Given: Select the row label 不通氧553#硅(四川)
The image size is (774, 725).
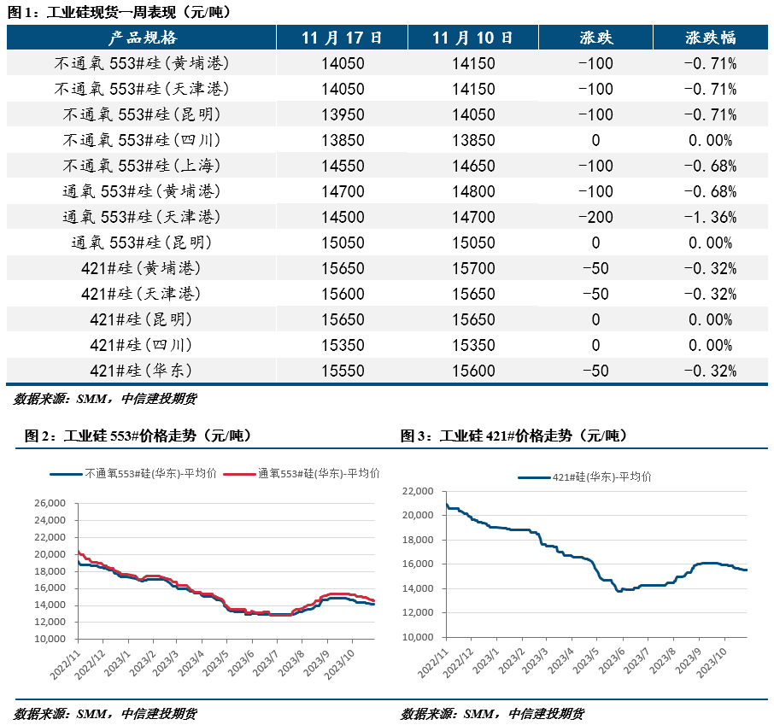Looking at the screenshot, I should pos(142,140).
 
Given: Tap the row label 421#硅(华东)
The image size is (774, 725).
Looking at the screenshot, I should pos(142,371).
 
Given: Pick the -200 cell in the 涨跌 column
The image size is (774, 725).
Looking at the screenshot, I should pos(595,217).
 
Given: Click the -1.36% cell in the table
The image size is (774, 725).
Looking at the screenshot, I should pos(710,217).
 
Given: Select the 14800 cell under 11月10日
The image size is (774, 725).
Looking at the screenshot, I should pos(473,191).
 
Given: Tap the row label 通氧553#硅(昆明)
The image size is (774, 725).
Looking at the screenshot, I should pos(142,243).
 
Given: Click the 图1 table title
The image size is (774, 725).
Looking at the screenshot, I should pos(120,12).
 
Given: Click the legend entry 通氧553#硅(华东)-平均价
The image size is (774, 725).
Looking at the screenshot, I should pos(318,472).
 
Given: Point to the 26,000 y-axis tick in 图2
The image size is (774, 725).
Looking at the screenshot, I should pos(54,504).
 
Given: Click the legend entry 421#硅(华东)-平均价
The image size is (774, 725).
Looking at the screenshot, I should pos(589,477).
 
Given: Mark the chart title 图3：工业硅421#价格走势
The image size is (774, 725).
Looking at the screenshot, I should pos(514,436).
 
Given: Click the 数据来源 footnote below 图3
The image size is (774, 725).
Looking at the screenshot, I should pos(493,714).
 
